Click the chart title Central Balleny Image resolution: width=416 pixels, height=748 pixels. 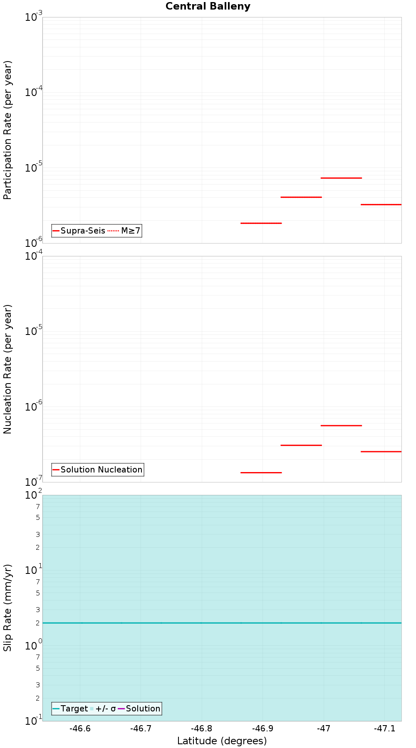point(208,6)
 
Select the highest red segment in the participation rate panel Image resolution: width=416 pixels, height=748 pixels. point(341,178)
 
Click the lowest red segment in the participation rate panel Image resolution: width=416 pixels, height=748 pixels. point(261,223)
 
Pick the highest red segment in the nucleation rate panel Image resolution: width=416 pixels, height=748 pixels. point(341,426)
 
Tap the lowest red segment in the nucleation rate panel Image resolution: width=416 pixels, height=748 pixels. point(261,472)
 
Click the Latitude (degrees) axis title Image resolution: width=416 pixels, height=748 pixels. point(222,741)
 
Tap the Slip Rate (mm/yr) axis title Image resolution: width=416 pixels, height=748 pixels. point(7,608)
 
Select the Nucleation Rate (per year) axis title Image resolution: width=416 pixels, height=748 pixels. point(7,369)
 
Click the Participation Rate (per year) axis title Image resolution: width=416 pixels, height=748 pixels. point(7,130)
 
